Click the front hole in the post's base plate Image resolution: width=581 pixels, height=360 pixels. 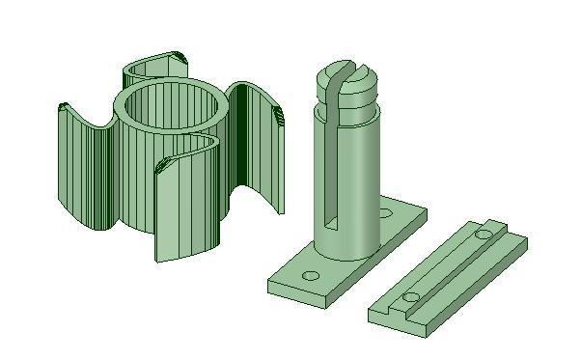[311, 276]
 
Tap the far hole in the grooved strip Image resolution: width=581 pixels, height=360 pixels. [484, 234]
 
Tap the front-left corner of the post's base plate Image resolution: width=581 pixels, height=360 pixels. [271, 286]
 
